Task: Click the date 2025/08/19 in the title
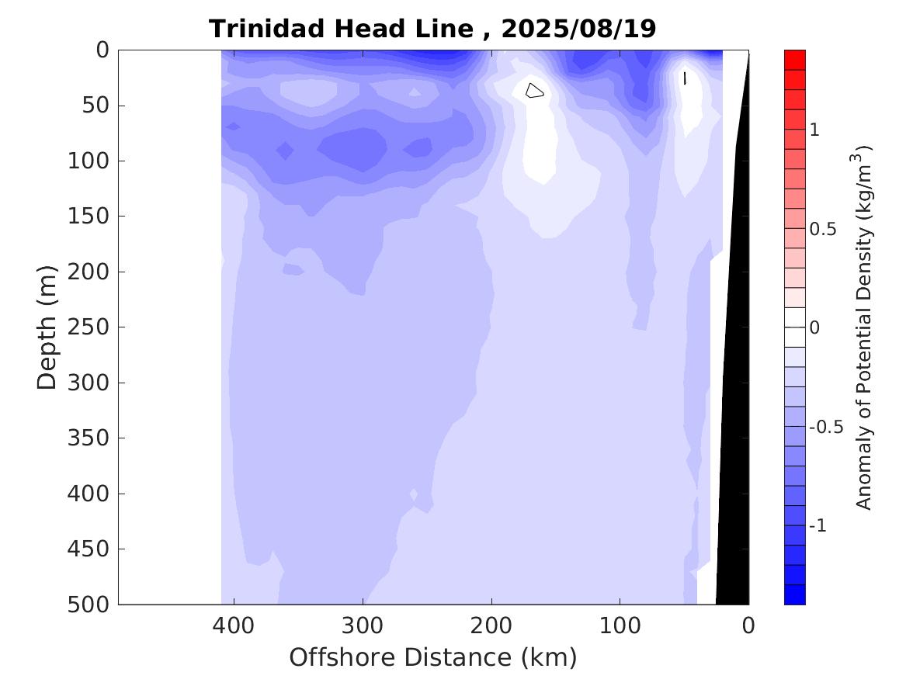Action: [x=578, y=29]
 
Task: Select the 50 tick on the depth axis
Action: [x=99, y=106]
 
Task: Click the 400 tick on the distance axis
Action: [x=234, y=624]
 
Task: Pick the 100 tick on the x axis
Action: [x=620, y=624]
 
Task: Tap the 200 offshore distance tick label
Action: [x=491, y=624]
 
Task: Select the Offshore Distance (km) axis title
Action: [x=432, y=658]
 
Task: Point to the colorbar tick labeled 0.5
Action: [x=824, y=230]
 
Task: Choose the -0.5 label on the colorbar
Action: [x=826, y=428]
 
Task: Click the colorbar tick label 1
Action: [x=815, y=130]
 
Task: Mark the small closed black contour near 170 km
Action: [x=533, y=91]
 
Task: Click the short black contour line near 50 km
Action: [x=685, y=78]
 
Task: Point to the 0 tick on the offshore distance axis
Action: [x=748, y=624]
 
